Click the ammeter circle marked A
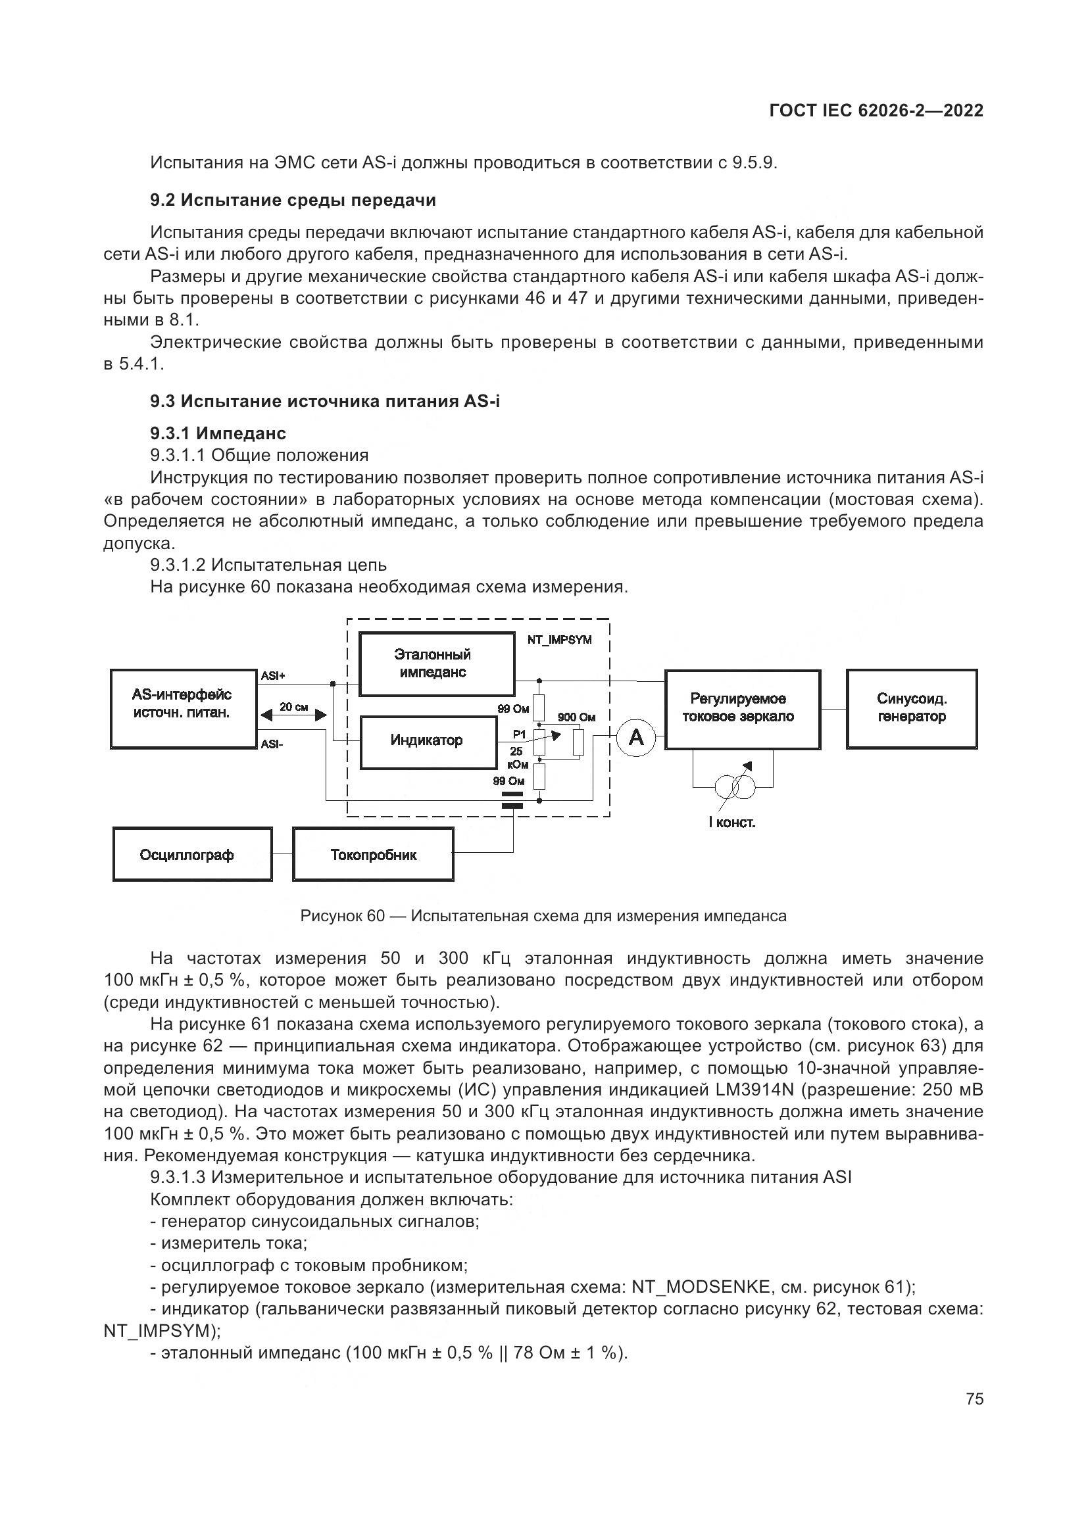pos(635,738)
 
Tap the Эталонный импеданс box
pos(437,664)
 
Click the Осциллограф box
pos(192,855)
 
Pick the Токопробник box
pos(373,855)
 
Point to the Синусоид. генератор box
pos(911,708)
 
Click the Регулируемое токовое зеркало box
pos(741,708)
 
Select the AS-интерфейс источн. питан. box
pos(183,708)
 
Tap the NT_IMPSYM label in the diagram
pos(559,640)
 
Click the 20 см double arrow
pos(293,715)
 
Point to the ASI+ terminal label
pos(273,676)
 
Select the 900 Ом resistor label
pos(576,717)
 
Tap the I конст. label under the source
pos(731,823)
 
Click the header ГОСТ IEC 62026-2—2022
pos(876,110)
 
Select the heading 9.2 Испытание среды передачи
pos(293,201)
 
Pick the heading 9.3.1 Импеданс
pos(218,433)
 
